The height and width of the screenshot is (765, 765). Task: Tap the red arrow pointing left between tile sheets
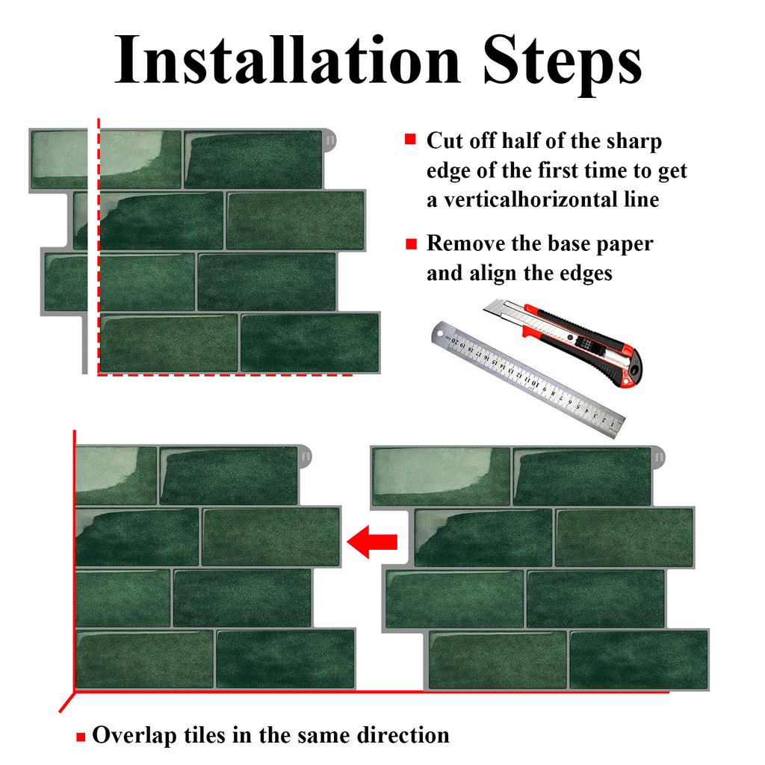click(373, 542)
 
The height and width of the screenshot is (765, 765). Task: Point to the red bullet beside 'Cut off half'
click(409, 140)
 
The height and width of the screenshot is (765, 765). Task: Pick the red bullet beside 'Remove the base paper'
click(409, 244)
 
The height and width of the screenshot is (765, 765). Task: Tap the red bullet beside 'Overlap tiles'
click(81, 737)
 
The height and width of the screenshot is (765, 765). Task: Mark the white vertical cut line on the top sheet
click(93, 247)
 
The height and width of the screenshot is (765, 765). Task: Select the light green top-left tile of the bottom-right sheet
click(441, 476)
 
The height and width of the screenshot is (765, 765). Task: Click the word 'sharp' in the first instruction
click(634, 140)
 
